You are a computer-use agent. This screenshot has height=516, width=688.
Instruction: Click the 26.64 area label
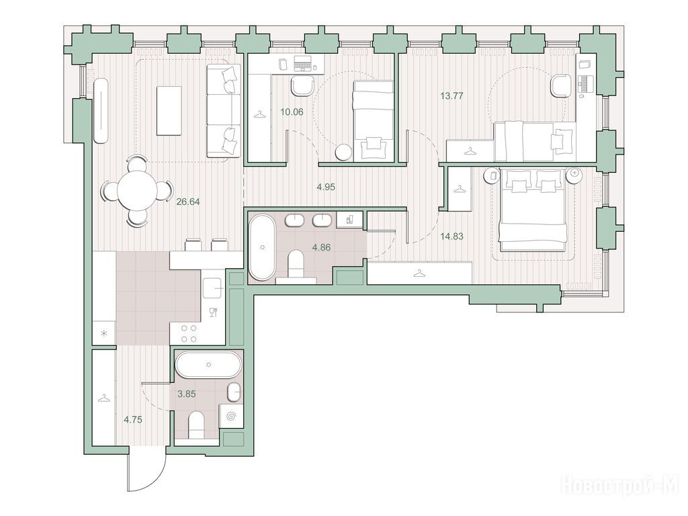tap(188, 202)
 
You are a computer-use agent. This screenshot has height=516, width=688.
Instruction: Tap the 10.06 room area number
tap(292, 112)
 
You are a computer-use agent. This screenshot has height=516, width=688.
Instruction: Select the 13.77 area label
tap(452, 95)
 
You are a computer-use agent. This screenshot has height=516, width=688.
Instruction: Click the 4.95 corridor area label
tap(326, 187)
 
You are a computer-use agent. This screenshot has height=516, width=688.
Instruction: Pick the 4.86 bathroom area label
tap(321, 247)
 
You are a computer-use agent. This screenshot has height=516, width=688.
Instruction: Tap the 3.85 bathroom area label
tap(187, 394)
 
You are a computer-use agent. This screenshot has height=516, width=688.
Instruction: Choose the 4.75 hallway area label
tap(133, 419)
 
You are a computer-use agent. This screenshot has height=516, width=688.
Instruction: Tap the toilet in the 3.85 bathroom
tap(196, 425)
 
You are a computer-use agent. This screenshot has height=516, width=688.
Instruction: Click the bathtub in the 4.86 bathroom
tap(263, 247)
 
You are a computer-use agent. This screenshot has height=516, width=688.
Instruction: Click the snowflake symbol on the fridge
tap(104, 333)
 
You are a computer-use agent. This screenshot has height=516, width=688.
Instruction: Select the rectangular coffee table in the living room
tap(169, 111)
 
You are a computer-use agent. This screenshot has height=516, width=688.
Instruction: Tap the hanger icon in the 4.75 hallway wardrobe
tap(103, 398)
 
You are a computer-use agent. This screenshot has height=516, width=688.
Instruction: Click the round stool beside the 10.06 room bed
tap(343, 153)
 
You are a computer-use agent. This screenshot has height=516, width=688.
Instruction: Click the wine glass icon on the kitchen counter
tap(213, 312)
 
